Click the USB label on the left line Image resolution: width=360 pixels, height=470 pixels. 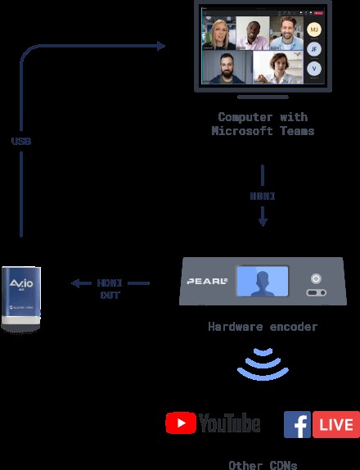click(x=21, y=141)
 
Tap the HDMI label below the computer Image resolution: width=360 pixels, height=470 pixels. click(x=263, y=197)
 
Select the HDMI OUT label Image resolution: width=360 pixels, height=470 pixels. click(x=110, y=289)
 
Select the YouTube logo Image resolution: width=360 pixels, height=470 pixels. click(x=213, y=423)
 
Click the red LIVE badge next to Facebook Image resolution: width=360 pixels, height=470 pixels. click(x=336, y=424)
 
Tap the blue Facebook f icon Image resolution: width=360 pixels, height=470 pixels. click(x=298, y=424)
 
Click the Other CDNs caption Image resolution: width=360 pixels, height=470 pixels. click(x=263, y=464)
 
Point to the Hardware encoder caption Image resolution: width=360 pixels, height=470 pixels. click(x=263, y=327)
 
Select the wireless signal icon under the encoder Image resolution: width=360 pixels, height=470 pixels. click(x=262, y=364)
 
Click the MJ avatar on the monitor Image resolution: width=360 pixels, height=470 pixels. click(x=314, y=29)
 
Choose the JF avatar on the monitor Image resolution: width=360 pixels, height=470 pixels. click(x=314, y=49)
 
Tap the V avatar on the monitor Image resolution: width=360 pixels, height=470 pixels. click(x=314, y=69)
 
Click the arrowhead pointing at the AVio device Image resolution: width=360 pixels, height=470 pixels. click(x=74, y=283)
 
